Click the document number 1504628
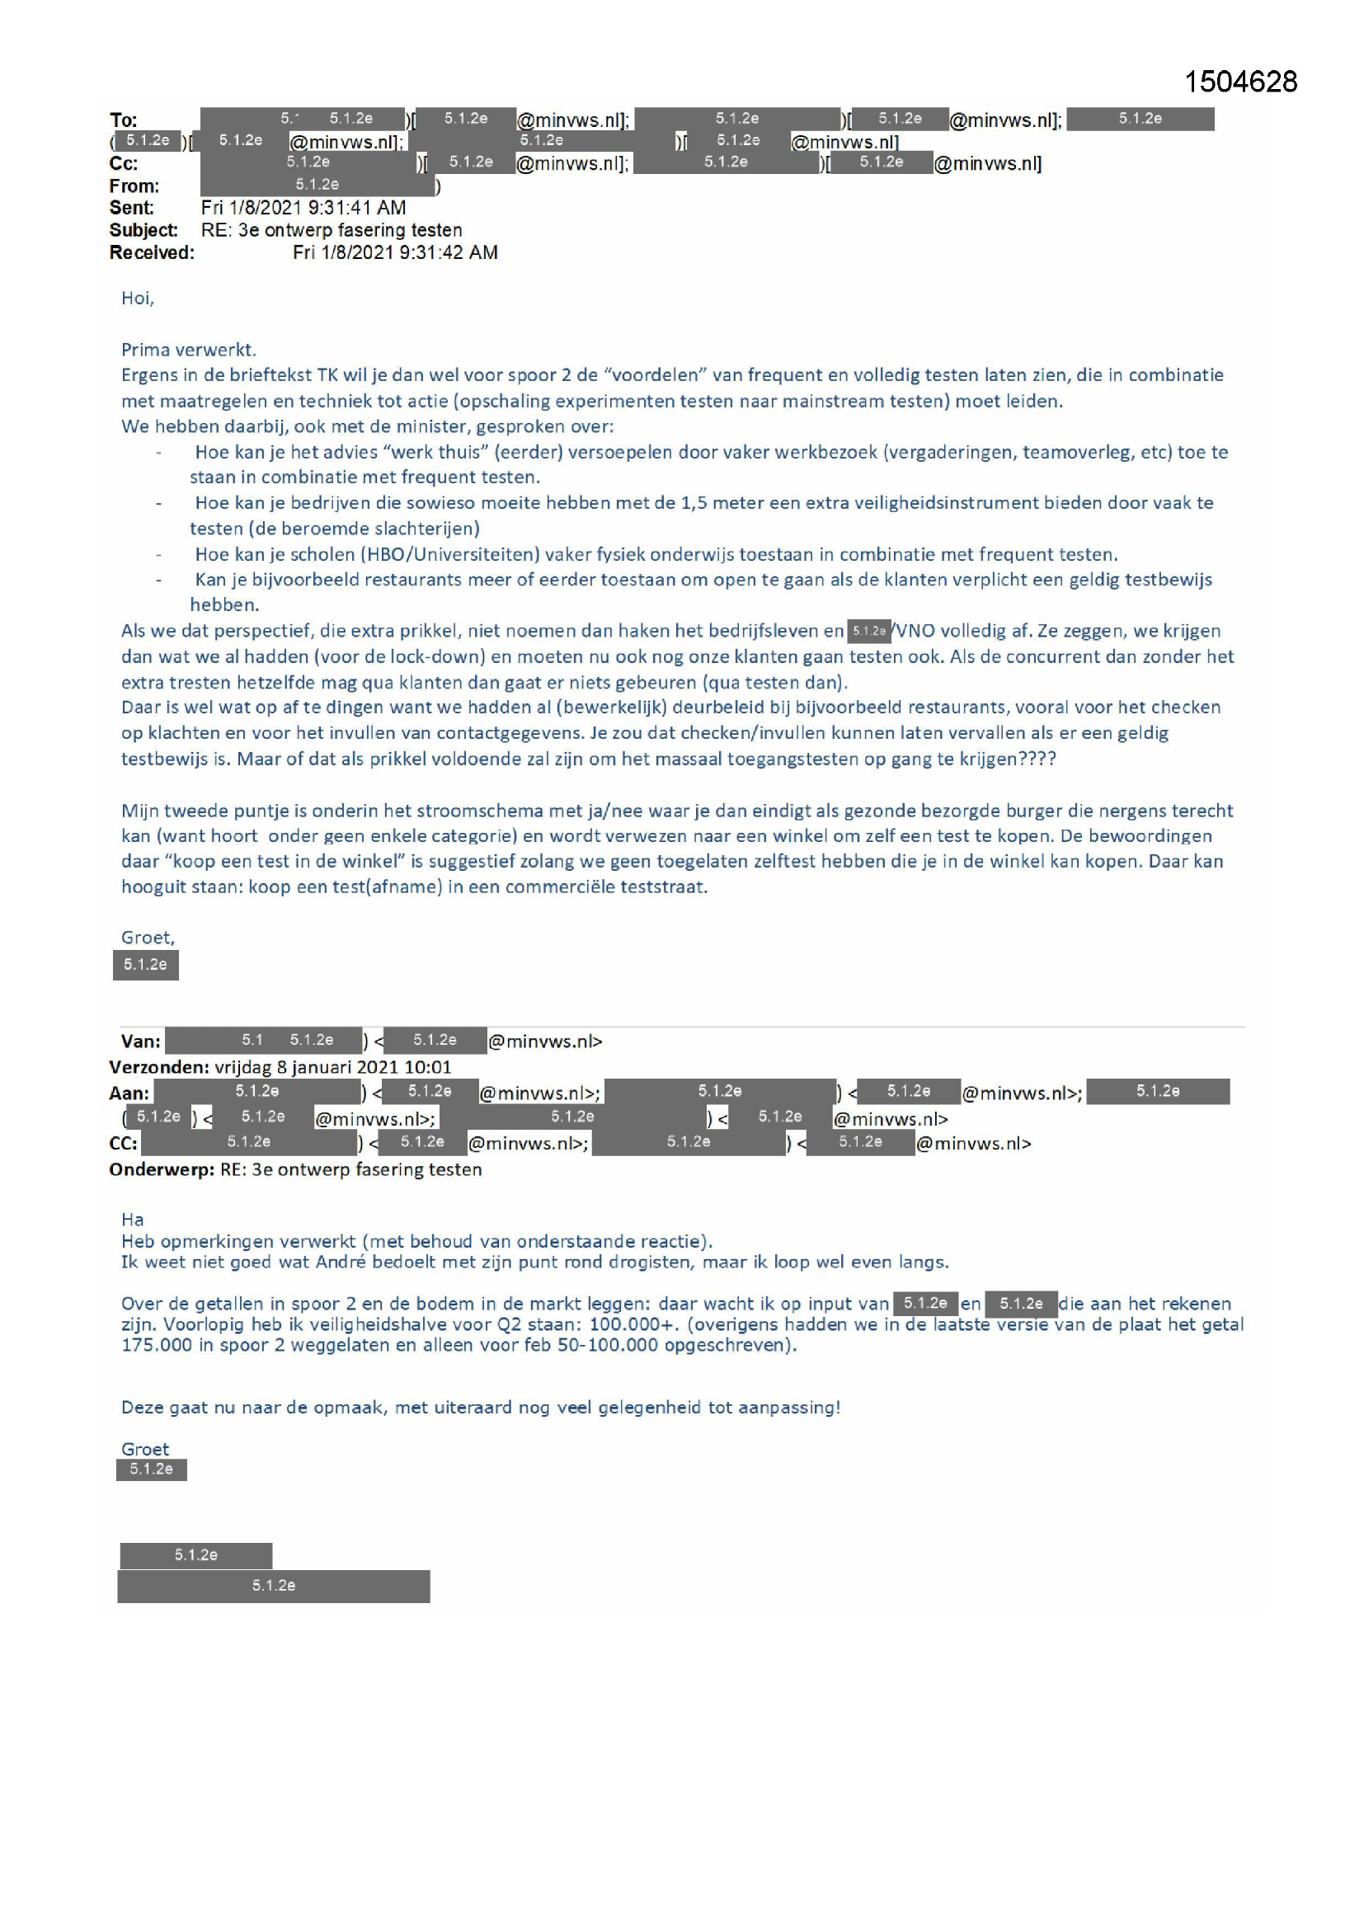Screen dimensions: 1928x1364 point(1239,82)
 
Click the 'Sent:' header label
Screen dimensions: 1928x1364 point(132,208)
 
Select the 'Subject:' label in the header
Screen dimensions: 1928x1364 point(143,230)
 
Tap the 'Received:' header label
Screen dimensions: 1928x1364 point(151,253)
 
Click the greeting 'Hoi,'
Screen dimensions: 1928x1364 point(138,298)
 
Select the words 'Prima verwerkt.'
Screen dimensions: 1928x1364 point(189,350)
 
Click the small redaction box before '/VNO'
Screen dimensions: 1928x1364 point(868,631)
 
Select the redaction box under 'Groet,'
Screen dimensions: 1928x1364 point(145,965)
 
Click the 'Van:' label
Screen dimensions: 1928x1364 point(140,1042)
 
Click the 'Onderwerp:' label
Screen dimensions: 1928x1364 point(162,1169)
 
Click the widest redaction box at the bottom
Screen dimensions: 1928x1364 point(273,1586)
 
